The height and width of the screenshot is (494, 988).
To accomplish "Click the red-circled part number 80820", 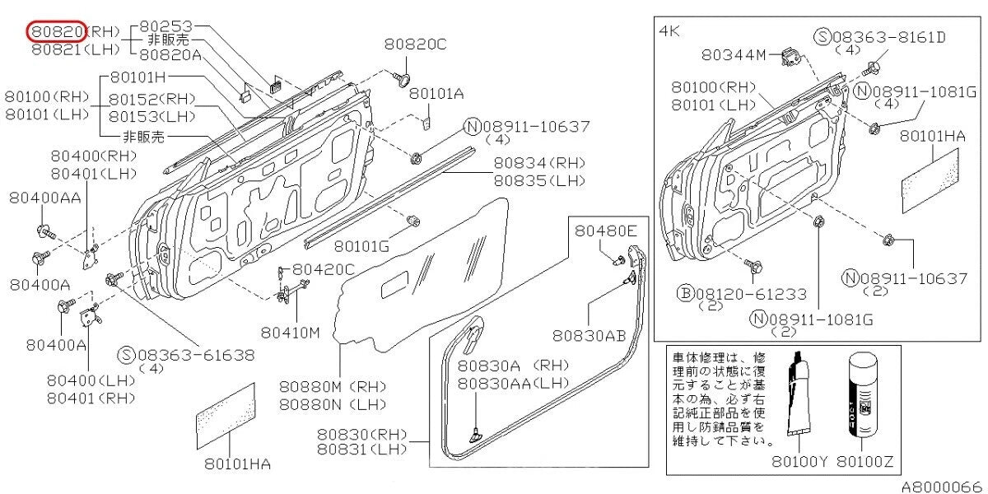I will click(57, 31).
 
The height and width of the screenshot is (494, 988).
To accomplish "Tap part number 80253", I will click(168, 26).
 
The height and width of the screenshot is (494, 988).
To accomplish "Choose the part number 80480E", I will click(606, 232).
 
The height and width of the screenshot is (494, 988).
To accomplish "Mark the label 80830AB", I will click(590, 335).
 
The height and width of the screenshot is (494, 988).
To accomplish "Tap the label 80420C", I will click(324, 268).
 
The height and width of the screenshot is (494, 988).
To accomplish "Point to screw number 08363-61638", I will click(196, 355).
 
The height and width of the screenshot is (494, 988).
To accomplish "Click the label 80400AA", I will click(45, 198).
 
